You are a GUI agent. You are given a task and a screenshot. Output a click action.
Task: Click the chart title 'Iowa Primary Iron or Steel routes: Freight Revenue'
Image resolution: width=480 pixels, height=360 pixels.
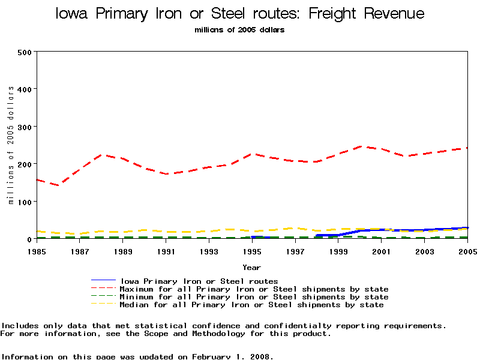click(240, 14)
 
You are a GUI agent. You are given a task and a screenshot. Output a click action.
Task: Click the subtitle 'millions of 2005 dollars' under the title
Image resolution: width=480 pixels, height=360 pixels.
click(240, 30)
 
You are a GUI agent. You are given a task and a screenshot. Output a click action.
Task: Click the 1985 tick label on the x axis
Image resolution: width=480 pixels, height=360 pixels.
click(37, 251)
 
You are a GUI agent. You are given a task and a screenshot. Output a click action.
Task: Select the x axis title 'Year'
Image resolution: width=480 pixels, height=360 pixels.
click(251, 267)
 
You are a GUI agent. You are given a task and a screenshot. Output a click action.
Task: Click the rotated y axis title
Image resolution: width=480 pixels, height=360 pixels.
click(11, 145)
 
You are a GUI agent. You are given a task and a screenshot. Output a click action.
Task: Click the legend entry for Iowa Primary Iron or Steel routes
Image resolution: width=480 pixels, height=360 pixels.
click(199, 281)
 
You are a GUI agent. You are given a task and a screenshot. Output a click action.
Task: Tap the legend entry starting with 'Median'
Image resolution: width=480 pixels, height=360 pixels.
click(251, 305)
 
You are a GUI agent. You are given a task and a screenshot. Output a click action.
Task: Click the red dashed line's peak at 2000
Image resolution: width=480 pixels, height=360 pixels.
click(359, 146)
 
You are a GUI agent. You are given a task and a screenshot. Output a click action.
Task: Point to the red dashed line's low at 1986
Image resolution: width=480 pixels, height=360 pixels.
click(58, 185)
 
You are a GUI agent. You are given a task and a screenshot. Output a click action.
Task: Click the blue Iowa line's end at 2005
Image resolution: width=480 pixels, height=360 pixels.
click(466, 228)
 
